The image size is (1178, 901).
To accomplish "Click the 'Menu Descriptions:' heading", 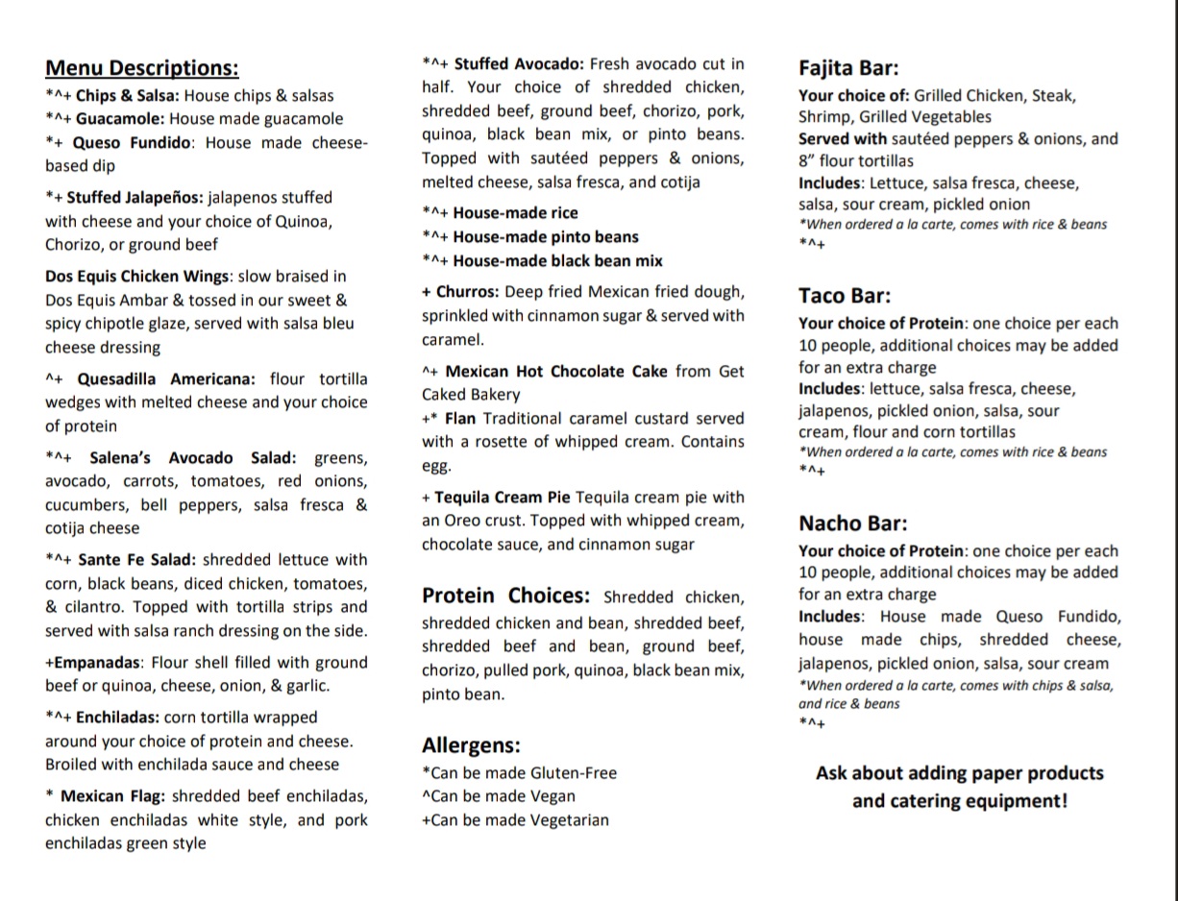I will pos(142,68).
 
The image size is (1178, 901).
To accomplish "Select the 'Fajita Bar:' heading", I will pos(848,68).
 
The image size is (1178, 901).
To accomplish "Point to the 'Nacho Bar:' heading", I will pos(852,524).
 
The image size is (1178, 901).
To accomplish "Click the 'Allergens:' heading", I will pos(471,745).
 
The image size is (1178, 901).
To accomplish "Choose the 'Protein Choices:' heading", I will pos(505,596).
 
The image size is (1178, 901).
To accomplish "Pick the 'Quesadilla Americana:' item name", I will pos(166,379).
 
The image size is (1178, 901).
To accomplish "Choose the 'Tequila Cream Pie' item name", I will pos(503,498).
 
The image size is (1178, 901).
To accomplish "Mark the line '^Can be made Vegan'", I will pos(499,796).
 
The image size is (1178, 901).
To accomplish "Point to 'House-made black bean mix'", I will pos(557,261).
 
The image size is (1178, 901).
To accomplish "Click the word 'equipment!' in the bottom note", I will pos(1017,801).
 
